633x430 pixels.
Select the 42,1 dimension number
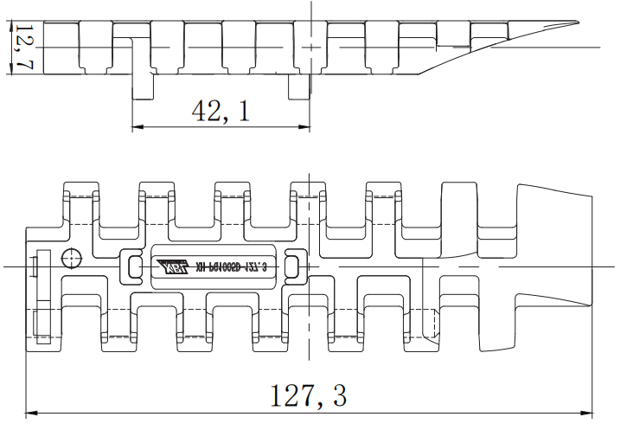(220, 110)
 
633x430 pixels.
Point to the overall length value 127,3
(309, 396)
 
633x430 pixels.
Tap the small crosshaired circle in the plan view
(70, 257)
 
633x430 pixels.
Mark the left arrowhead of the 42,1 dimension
(136, 128)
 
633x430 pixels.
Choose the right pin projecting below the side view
(299, 87)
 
